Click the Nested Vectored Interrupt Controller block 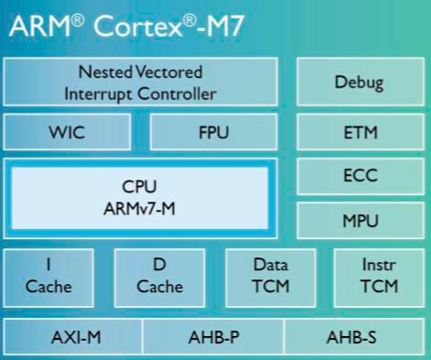click(x=140, y=82)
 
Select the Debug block click(x=359, y=82)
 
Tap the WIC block click(x=67, y=132)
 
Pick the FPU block click(x=213, y=132)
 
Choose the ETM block click(x=360, y=132)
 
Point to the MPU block click(x=360, y=221)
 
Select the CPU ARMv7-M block click(x=139, y=197)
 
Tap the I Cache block click(x=48, y=276)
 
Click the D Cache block click(x=159, y=276)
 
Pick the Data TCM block click(x=270, y=276)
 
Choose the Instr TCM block click(x=379, y=276)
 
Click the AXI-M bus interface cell click(x=75, y=338)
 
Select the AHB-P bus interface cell click(x=213, y=338)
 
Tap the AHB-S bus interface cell click(x=351, y=338)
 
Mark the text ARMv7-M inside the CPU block click(x=139, y=208)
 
